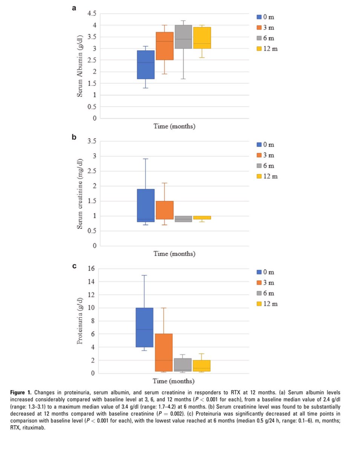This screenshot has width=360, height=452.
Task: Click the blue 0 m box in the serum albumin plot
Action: click(145, 64)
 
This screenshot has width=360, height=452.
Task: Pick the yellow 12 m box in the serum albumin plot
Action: click(202, 38)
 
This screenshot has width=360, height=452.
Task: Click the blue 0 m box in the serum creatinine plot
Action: click(145, 205)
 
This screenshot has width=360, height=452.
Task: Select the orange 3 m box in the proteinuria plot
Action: click(164, 353)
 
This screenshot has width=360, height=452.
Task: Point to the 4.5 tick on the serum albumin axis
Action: click(92, 14)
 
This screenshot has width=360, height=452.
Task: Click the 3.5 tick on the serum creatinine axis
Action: click(92, 141)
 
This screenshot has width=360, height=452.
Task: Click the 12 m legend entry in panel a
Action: click(267, 49)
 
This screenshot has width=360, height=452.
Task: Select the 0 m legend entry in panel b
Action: click(266, 145)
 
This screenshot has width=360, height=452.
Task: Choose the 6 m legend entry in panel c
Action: click(266, 293)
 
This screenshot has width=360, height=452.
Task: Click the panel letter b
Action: click(74, 137)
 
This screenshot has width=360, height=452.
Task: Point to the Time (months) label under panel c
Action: click(174, 381)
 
